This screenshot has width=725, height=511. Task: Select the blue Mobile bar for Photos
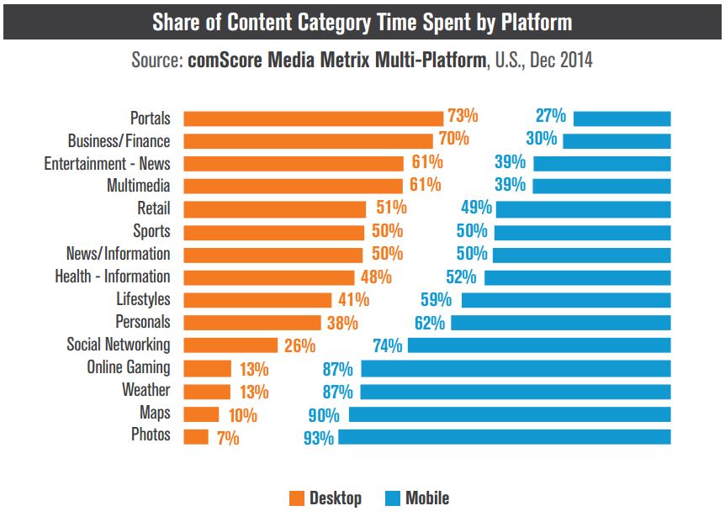point(504,436)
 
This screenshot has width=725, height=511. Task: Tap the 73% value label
point(463,117)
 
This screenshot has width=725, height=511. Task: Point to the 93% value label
point(319,437)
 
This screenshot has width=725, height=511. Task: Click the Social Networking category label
point(119,345)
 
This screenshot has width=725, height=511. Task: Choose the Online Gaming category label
point(129,367)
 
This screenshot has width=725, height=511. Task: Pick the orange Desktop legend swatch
point(296,498)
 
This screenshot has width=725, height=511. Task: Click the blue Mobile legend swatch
point(392,498)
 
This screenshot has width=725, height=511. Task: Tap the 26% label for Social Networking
point(299,345)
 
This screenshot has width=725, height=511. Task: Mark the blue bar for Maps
point(510,414)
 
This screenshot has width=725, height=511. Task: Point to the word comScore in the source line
point(221,61)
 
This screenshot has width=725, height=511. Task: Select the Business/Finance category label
point(119,140)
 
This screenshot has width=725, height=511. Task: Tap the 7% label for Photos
point(226,437)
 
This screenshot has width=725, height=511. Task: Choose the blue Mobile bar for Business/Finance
point(617,141)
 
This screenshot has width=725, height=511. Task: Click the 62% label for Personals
point(431,323)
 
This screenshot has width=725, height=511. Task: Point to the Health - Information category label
point(113,277)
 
